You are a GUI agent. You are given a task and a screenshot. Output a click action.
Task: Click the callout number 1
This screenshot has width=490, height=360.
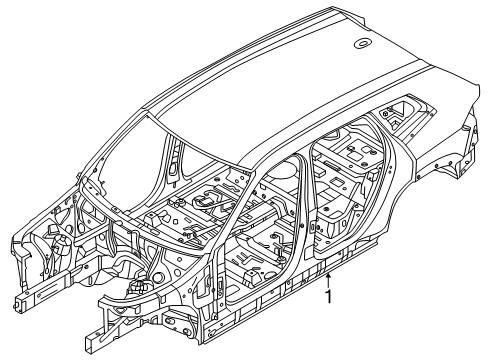(329, 297)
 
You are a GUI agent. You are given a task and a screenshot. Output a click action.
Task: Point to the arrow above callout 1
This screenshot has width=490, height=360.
(329, 280)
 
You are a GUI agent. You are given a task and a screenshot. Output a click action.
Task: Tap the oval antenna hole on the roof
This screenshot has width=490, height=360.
(363, 43)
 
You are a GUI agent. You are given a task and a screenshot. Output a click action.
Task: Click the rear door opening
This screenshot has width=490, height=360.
(347, 187)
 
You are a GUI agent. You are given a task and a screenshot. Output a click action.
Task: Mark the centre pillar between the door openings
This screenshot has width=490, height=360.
(304, 213)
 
